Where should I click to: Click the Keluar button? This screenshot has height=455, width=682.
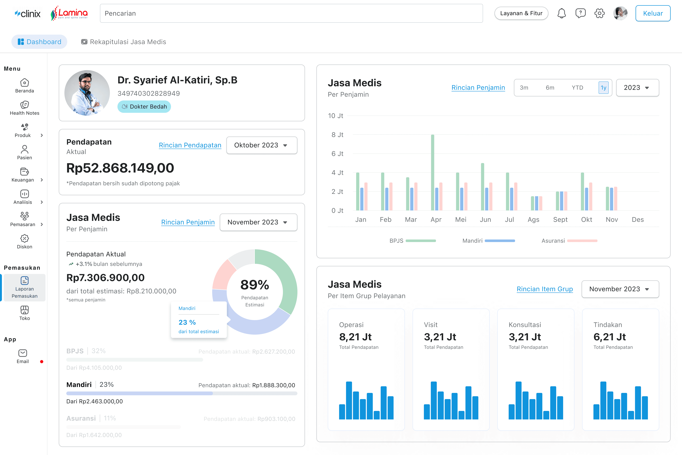point(653,13)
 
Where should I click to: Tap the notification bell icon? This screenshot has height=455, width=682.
point(561,13)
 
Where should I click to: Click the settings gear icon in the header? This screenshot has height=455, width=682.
point(599,13)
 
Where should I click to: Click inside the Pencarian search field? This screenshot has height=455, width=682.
point(291,13)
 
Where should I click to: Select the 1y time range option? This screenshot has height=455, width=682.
point(603,88)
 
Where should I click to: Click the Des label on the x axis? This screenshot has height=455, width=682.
point(638,220)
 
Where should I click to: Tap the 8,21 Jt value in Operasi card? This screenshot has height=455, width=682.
point(355,337)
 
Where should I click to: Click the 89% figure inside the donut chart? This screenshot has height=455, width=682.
point(255,285)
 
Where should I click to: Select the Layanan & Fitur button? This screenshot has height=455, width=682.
point(521,13)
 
